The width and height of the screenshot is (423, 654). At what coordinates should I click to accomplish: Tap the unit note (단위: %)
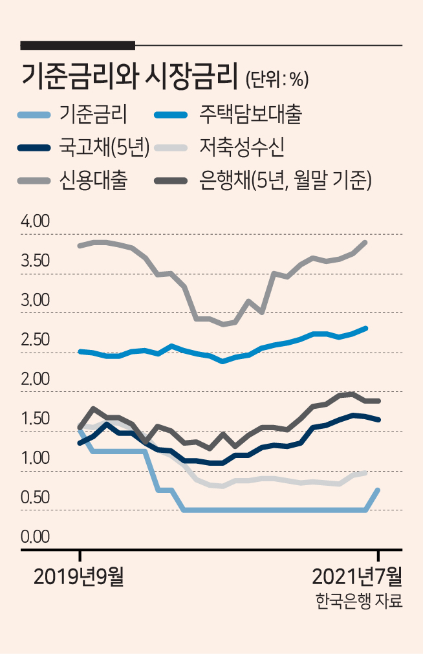coord(277,79)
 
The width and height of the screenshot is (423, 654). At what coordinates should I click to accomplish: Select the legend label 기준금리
coord(93,114)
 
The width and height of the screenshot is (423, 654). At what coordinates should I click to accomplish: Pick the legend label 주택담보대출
coord(250,114)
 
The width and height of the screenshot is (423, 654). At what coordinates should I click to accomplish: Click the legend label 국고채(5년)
coord(104,147)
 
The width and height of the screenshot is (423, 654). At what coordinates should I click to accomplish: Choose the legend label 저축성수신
coord(242,147)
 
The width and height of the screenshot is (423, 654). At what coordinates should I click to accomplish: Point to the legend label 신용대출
coord(93,180)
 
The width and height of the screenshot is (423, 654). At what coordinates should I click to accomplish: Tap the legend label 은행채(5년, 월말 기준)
coord(285,180)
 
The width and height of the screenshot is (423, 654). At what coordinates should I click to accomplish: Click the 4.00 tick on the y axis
coord(36,221)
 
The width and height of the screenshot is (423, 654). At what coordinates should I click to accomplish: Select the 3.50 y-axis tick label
coord(36,261)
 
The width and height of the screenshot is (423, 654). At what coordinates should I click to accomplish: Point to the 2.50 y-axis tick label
coord(36,340)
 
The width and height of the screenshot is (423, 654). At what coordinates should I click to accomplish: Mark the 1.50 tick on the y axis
coord(36,419)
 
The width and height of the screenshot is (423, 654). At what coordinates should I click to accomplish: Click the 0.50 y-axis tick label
coord(36,497)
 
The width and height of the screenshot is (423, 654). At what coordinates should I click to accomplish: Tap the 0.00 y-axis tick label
coord(36,537)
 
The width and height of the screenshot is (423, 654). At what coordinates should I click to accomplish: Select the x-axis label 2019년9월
coord(78,577)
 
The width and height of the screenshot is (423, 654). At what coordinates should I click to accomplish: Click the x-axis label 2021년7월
coord(357,577)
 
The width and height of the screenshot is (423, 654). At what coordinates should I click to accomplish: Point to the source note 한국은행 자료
coord(359,601)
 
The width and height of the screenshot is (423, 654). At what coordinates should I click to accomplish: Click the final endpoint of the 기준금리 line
coord(378,490)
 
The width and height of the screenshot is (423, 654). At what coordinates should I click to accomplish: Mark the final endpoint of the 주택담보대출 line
coord(366,328)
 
